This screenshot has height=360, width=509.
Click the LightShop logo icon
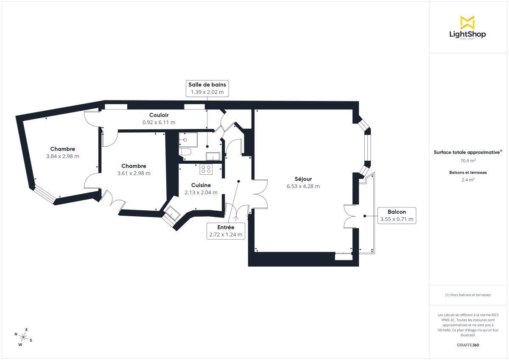tap(467, 22)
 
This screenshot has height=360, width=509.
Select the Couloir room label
tap(159, 115)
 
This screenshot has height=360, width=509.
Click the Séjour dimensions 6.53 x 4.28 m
tap(303, 186)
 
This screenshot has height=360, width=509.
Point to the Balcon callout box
tap(397, 215)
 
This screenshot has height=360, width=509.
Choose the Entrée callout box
tap(226, 231)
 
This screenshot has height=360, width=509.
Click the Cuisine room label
tap(201, 185)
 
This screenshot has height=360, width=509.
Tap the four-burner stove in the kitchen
tap(206, 169)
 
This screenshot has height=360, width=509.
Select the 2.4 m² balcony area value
tap(468, 179)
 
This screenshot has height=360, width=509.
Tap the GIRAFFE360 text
tap(468, 345)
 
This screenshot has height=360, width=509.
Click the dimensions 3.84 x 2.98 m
tap(63, 156)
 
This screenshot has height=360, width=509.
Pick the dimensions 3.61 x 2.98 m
tap(134, 173)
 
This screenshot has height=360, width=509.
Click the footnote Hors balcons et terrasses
tap(468, 295)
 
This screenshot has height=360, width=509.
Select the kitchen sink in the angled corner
tap(172, 213)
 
